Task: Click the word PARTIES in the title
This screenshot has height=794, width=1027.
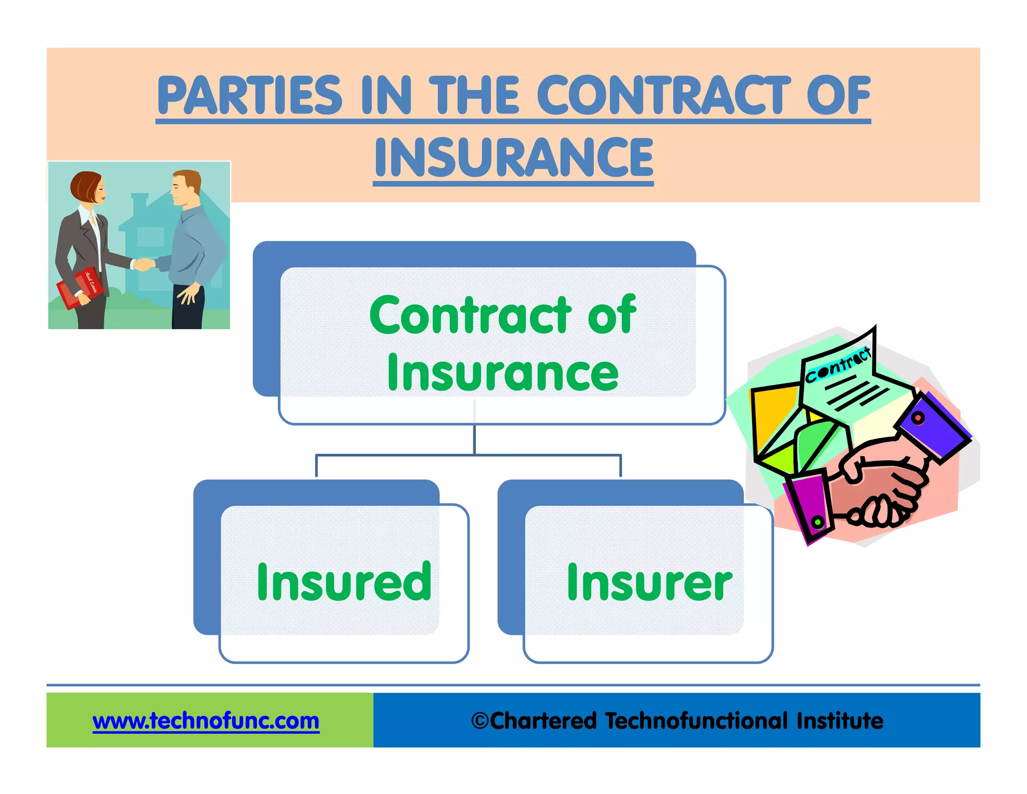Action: tap(249, 95)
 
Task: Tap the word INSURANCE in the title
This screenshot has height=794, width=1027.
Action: tap(513, 158)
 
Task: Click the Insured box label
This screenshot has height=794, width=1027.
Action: tap(344, 582)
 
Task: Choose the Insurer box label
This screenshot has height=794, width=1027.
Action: tap(649, 582)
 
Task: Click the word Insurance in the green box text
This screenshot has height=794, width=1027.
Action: tap(502, 372)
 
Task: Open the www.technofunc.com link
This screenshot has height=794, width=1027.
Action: tap(206, 721)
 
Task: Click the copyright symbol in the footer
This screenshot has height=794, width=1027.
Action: tap(480, 721)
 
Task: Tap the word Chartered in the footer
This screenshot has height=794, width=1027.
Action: tap(543, 721)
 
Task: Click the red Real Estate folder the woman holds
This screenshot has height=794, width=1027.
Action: tap(80, 289)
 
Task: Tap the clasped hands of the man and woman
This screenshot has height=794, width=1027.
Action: tap(143, 264)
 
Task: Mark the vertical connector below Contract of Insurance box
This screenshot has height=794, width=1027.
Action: tap(474, 439)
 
